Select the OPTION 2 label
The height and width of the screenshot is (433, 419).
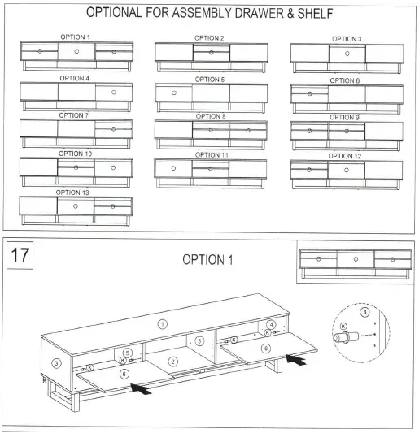(x=210, y=38)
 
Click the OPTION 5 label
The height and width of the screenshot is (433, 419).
(x=210, y=80)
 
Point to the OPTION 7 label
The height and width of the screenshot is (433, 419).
(x=75, y=115)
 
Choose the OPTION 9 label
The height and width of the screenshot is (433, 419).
(x=345, y=117)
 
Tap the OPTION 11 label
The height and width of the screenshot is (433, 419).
(x=211, y=154)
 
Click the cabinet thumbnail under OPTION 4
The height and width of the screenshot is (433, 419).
(x=76, y=95)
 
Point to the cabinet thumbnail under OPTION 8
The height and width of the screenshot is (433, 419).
(x=211, y=132)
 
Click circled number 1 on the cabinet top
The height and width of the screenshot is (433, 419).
(x=162, y=323)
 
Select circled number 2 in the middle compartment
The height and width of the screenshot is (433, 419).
(x=172, y=361)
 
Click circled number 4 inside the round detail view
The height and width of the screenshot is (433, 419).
(x=364, y=311)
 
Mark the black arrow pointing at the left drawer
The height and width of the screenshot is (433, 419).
(x=142, y=390)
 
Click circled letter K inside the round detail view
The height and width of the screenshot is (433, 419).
(x=345, y=327)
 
